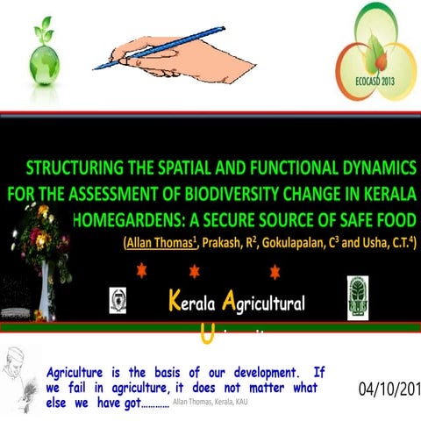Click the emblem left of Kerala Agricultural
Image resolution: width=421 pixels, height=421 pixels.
(117, 301)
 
